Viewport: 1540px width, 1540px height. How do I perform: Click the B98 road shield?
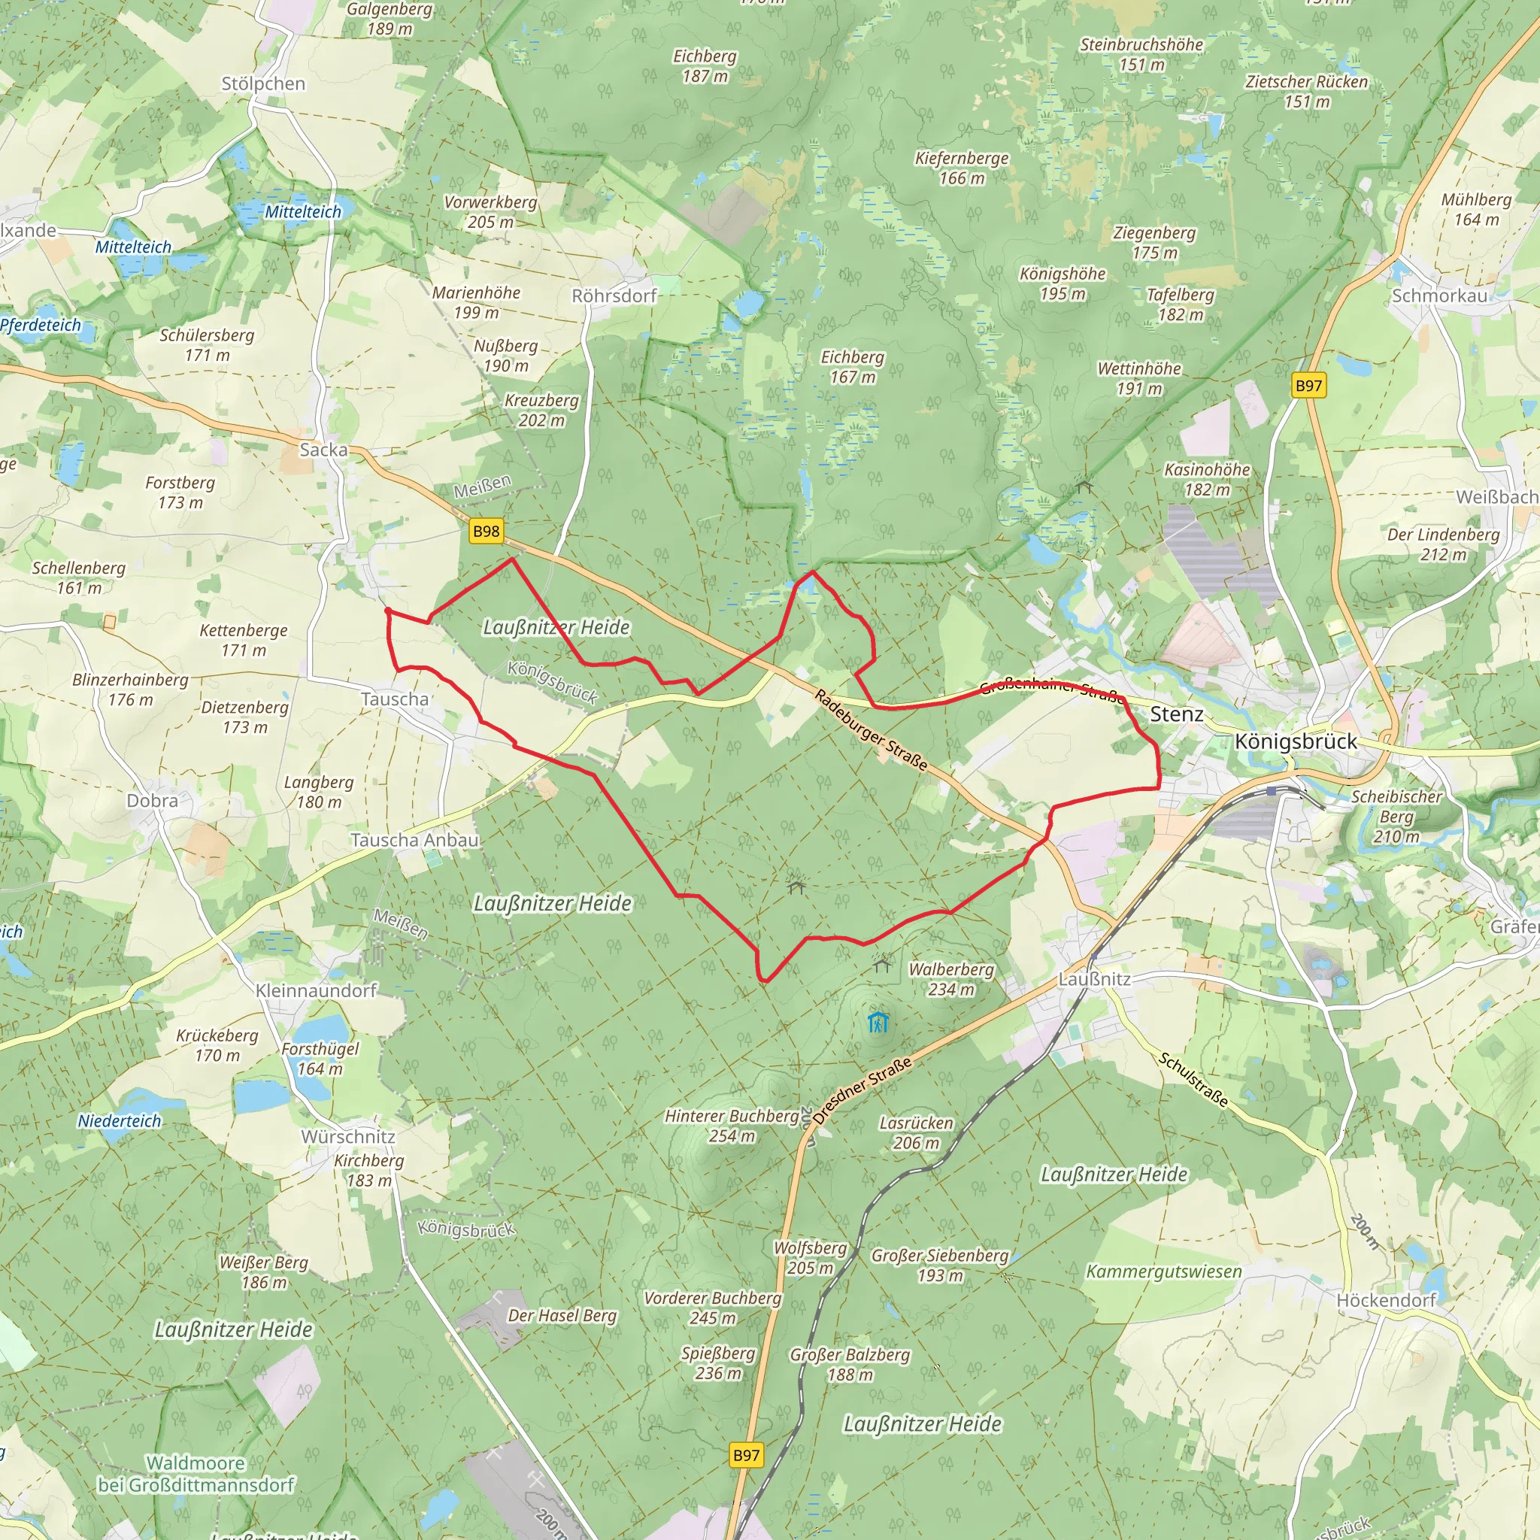pyautogui.click(x=486, y=531)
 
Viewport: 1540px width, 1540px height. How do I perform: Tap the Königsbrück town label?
pyautogui.click(x=1296, y=741)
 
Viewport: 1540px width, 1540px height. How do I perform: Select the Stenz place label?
pyautogui.click(x=1176, y=714)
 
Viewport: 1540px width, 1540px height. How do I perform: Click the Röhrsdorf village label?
pyautogui.click(x=614, y=296)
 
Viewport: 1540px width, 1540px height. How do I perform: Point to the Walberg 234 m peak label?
pyautogui.click(x=951, y=979)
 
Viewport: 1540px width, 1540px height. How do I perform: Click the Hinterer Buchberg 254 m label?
pyautogui.click(x=732, y=1126)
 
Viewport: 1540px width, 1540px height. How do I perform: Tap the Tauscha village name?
pyautogui.click(x=395, y=699)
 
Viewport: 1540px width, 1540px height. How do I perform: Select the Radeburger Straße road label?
pyautogui.click(x=871, y=730)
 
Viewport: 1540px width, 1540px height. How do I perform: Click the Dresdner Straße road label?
pyautogui.click(x=863, y=1090)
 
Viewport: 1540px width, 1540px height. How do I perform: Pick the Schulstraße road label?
pyautogui.click(x=1193, y=1079)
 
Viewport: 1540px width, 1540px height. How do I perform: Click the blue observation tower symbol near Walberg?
pyautogui.click(x=878, y=1022)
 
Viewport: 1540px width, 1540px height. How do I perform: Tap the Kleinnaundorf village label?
pyautogui.click(x=316, y=990)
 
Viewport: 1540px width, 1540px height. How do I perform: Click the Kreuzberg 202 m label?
pyautogui.click(x=541, y=410)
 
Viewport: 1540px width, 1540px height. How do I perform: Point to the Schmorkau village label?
pyautogui.click(x=1439, y=296)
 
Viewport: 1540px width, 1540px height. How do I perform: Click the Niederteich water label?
pyautogui.click(x=120, y=1120)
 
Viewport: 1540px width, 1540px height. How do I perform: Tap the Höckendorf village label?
pyautogui.click(x=1385, y=1300)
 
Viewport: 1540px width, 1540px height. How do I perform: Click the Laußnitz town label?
pyautogui.click(x=1093, y=979)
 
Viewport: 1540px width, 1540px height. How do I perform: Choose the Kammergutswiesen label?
pyautogui.click(x=1164, y=1272)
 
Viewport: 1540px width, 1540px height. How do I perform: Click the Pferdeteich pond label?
pyautogui.click(x=41, y=324)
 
